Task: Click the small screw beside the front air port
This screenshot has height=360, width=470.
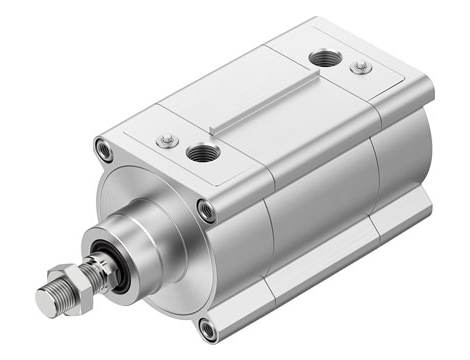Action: pos(167,141)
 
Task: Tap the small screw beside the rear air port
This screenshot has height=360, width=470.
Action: pos(361,67)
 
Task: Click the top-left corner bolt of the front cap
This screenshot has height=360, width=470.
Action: pos(103,150)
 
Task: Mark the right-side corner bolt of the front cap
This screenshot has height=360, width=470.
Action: pos(206,210)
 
